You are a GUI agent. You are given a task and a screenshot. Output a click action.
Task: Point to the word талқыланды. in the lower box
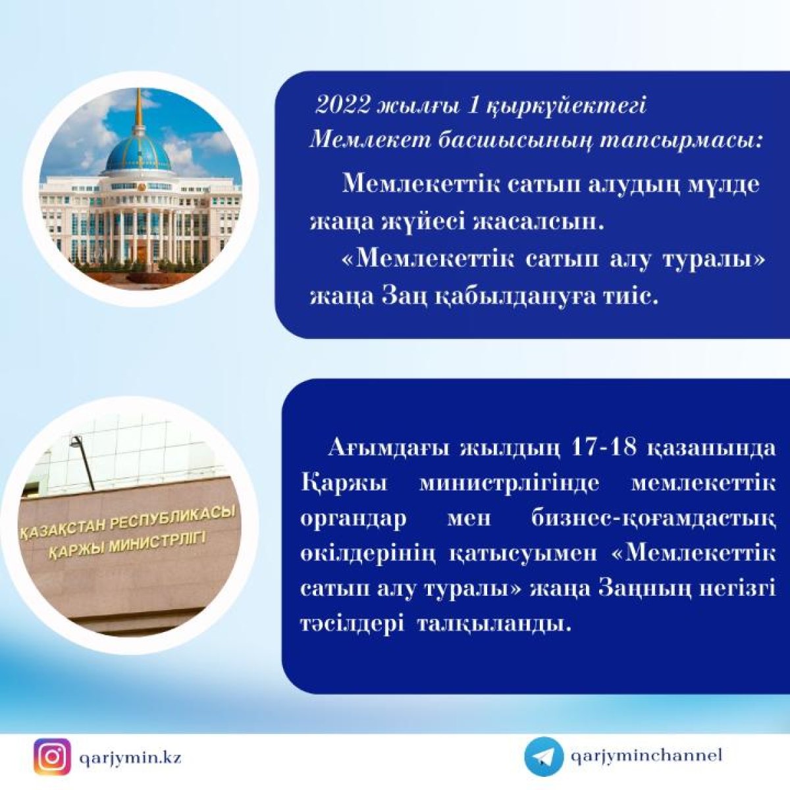click(494, 627)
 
